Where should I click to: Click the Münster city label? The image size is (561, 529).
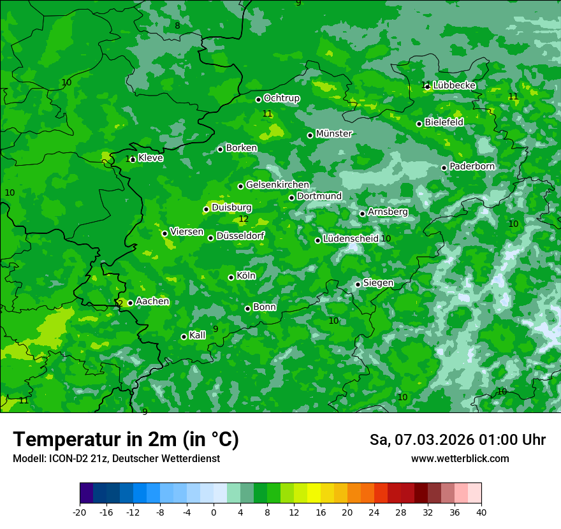point(334,134)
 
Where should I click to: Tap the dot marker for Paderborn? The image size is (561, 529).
point(444,168)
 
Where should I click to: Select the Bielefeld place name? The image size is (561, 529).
point(444,122)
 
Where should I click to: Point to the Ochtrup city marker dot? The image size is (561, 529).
point(259,99)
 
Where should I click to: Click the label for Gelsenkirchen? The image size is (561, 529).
point(277,185)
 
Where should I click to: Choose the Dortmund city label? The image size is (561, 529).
point(319,196)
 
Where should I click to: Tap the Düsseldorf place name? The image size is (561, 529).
point(240,236)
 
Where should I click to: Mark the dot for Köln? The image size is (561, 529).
point(231,277)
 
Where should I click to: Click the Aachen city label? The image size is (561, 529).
point(152,301)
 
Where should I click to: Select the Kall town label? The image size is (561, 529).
point(198,335)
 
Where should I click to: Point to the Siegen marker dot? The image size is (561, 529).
point(358,284)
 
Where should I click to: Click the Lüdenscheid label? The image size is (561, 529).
point(351,239)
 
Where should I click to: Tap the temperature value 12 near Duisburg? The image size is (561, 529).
point(244,219)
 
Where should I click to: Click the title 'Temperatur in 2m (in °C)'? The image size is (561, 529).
point(126,440)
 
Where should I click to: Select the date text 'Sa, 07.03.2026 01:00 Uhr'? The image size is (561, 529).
point(458,440)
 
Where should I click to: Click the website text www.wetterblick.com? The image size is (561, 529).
point(460,459)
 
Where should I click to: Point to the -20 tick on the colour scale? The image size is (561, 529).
point(80,512)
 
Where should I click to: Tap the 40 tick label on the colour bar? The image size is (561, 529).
point(481,512)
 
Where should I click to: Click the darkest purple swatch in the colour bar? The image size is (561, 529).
point(86,493)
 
